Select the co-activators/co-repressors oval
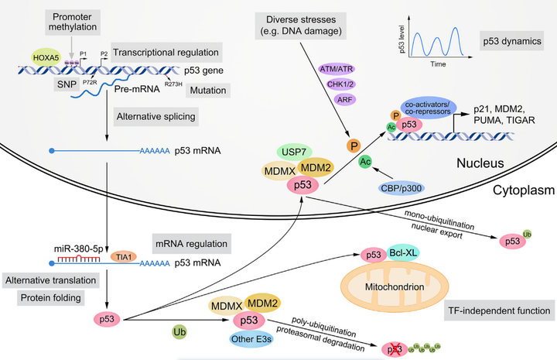click(x=430, y=108)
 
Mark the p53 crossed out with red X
click(x=397, y=348)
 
